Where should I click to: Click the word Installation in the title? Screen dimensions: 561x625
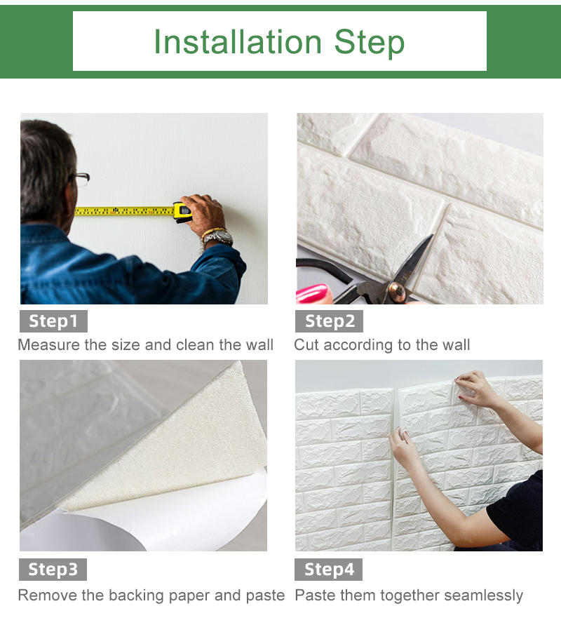click(238, 42)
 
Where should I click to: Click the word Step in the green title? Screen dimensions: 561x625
click(370, 43)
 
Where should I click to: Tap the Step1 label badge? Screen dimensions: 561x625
click(53, 321)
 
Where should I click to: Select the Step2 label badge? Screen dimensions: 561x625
click(329, 321)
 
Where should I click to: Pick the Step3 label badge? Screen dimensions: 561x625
click(53, 570)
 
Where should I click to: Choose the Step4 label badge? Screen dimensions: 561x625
click(329, 570)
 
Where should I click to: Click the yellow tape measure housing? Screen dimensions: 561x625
click(182, 212)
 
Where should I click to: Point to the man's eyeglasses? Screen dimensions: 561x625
click(81, 180)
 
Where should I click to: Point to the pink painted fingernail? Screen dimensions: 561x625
click(312, 293)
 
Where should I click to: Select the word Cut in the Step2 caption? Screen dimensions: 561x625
click(306, 345)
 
